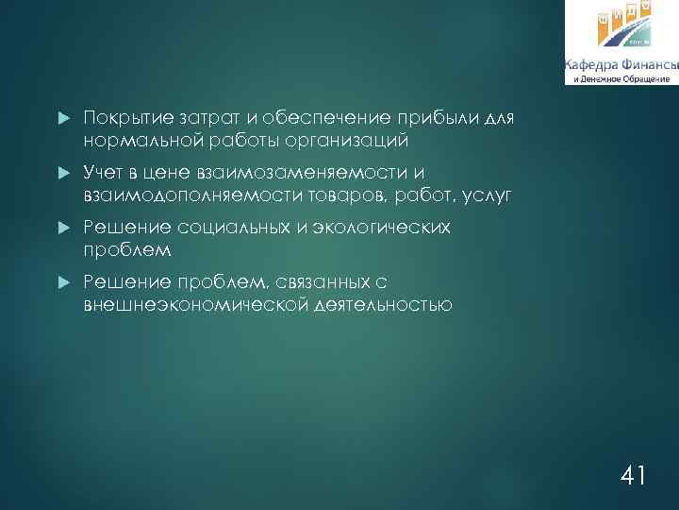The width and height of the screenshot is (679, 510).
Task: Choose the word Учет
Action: pyautogui.click(x=104, y=173)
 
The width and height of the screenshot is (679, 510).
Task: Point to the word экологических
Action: pyautogui.click(x=377, y=228)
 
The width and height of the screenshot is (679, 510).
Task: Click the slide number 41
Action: pyautogui.click(x=632, y=475)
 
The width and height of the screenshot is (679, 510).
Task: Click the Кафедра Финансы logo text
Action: pyautogui.click(x=621, y=65)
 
